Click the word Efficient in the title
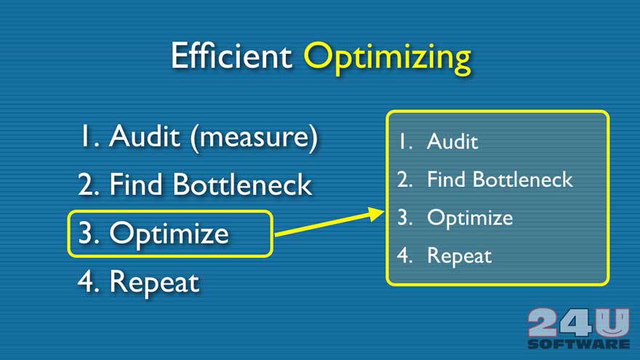click(231, 55)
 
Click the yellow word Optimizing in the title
click(387, 58)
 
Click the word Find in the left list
click(136, 184)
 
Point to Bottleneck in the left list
click(242, 184)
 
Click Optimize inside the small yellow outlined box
click(169, 235)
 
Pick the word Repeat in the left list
click(154, 283)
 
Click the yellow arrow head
click(375, 214)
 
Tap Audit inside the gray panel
click(452, 142)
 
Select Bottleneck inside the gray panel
click(523, 180)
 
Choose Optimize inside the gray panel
click(470, 218)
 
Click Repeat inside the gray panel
click(459, 256)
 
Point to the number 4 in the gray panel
click(404, 255)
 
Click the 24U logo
click(578, 322)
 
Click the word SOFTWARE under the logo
click(578, 344)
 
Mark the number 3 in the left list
click(86, 233)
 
